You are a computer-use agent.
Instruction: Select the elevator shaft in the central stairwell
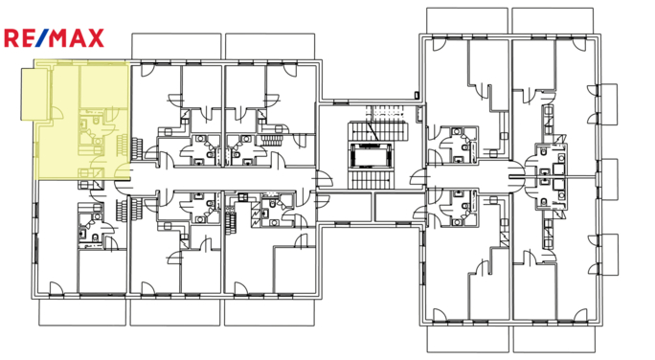click(x=368, y=154)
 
